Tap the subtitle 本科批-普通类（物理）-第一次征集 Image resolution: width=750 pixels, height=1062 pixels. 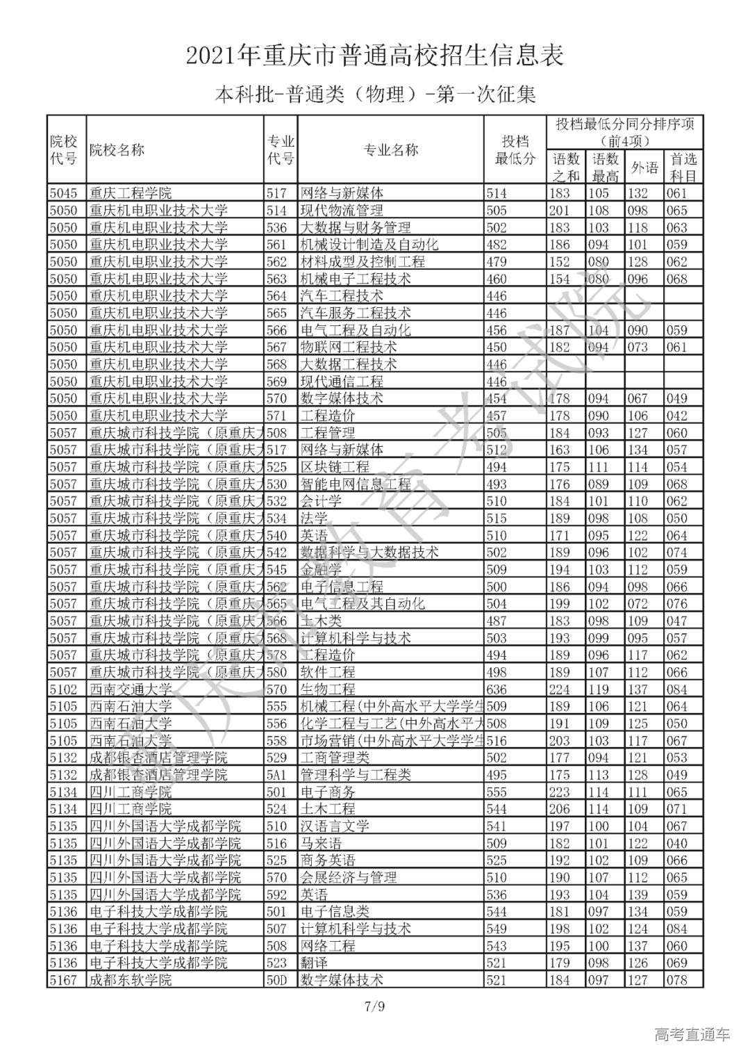point(375,94)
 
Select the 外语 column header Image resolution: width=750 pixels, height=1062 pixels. point(644,168)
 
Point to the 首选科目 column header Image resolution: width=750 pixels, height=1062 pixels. point(682,168)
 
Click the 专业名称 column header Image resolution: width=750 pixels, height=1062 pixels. point(390,149)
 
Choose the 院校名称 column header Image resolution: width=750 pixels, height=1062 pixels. point(117,149)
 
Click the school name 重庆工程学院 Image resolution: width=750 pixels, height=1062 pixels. point(131,193)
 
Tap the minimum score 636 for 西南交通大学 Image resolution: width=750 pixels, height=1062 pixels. point(497,689)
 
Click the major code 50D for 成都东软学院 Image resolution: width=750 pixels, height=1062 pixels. point(276,980)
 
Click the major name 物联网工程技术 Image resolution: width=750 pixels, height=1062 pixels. point(348,347)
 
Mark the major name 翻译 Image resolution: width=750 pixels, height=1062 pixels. point(313,963)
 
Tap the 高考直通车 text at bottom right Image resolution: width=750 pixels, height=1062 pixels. point(692,1036)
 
